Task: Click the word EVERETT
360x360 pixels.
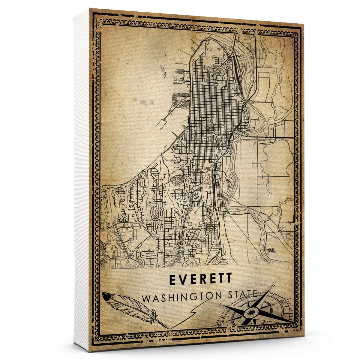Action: [x=201, y=279]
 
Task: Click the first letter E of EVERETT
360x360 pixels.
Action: [x=173, y=279]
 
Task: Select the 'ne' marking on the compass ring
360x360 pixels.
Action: [x=283, y=301]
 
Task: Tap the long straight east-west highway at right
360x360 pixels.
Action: [x=270, y=137]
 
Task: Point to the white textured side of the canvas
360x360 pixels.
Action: [x=81, y=180]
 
